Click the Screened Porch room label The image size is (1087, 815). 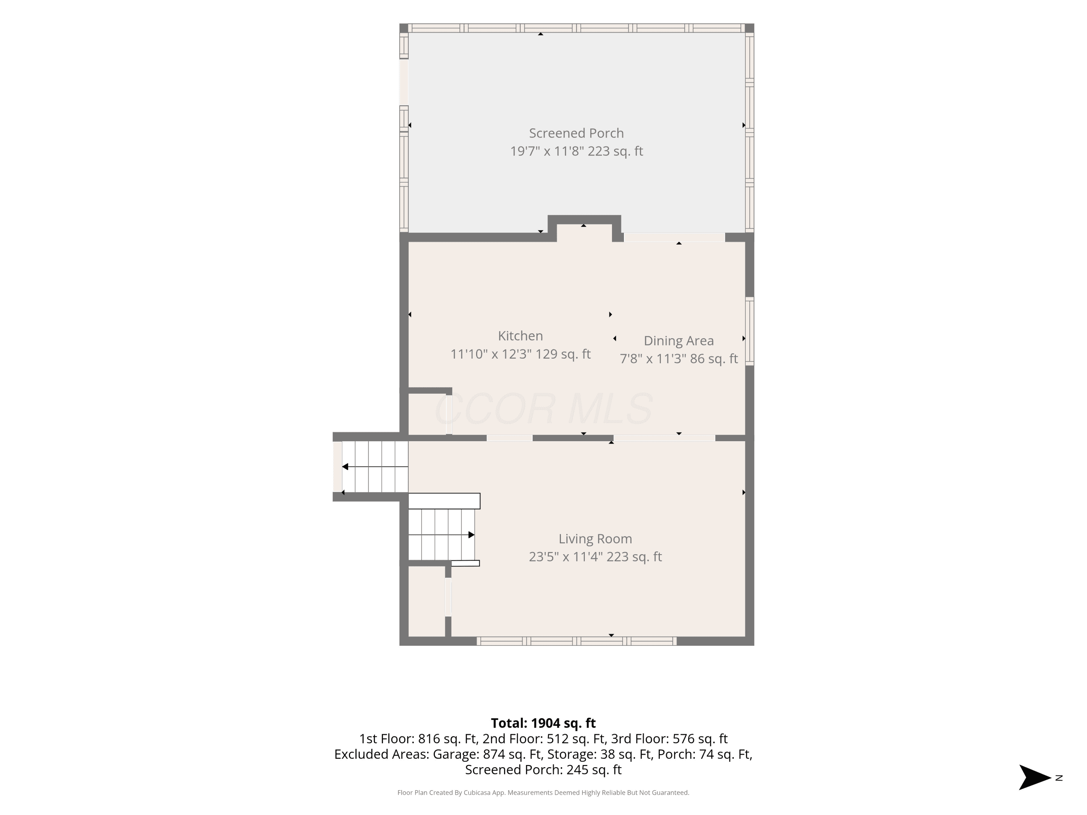pos(576,133)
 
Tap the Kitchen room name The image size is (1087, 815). pos(520,336)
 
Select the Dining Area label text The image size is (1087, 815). pos(679,340)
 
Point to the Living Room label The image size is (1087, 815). pos(595,539)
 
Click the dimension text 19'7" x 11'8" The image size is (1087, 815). pos(546,151)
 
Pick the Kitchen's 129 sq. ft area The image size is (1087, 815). pos(563,354)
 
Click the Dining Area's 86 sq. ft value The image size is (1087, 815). pos(713,359)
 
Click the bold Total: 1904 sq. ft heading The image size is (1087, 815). pos(543,723)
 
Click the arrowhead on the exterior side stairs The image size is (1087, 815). pos(345,467)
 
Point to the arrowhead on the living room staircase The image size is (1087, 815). pos(471,535)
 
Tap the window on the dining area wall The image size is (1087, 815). pos(749,331)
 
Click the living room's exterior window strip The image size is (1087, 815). pos(576,641)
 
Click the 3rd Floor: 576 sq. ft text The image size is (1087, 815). pos(669,739)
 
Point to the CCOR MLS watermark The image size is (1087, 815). pos(543,409)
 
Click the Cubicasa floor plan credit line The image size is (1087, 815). pos(543,793)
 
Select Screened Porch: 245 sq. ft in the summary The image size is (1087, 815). pos(543,770)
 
